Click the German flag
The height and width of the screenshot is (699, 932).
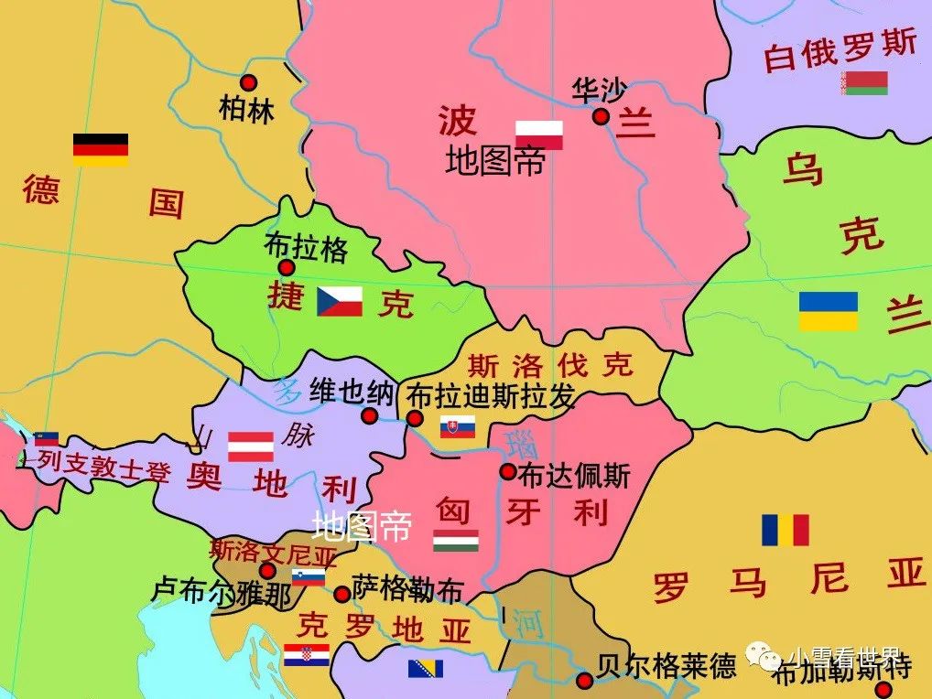tap(101, 150)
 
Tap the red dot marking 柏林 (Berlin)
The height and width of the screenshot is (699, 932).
tap(248, 82)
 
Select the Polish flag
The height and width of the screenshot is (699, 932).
tap(538, 134)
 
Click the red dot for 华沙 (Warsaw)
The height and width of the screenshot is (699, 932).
tap(601, 116)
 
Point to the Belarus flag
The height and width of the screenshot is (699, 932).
tap(865, 83)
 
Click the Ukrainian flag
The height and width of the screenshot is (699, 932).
tap(828, 311)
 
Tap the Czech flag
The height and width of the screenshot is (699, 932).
tap(340, 301)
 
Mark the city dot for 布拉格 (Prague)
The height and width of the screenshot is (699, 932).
tap(286, 268)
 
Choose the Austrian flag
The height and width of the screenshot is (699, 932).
tap(251, 446)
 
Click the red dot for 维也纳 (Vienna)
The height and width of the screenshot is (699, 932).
tap(369, 416)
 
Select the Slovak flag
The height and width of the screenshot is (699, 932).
tap(458, 427)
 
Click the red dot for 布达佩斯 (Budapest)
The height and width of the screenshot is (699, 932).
tap(507, 472)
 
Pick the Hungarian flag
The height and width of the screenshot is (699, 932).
tap(456, 541)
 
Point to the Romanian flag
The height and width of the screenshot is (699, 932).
tap(786, 530)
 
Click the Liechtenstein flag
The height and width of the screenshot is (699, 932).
tap(47, 439)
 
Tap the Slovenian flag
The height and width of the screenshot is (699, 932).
tap(309, 577)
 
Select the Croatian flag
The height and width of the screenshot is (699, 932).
tap(307, 655)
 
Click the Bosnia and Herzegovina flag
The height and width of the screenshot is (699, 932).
tap(426, 668)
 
